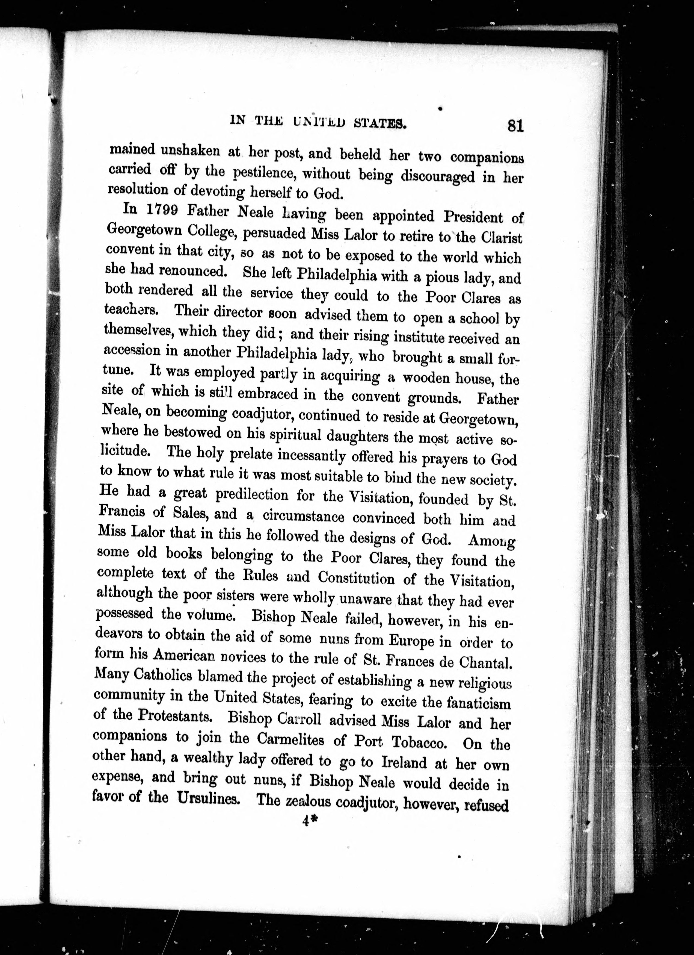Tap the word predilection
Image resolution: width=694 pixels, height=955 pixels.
[252, 494]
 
